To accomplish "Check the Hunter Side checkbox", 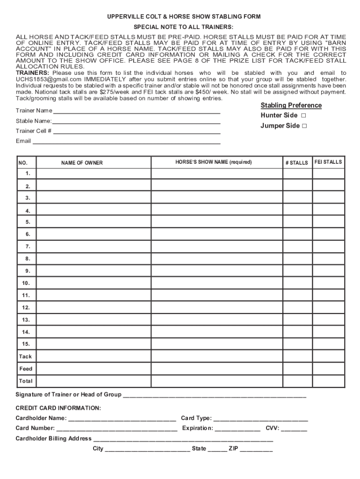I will pyautogui.click(x=303, y=116).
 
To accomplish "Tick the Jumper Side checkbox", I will pyautogui.click(x=304, y=126).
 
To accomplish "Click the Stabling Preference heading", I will pyautogui.click(x=291, y=105).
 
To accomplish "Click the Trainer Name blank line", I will pyautogui.click(x=136, y=112).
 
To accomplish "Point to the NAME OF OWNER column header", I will pyautogui.click(x=82, y=163).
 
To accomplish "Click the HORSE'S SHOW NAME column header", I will pyautogui.click(x=213, y=162).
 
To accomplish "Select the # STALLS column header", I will pyautogui.click(x=297, y=163).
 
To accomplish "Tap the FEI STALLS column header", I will pyautogui.click(x=328, y=162).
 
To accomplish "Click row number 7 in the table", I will pyautogui.click(x=28, y=247).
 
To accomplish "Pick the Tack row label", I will pyautogui.click(x=26, y=356).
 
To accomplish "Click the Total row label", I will pyautogui.click(x=26, y=381).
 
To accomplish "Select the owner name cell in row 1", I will pyautogui.click(x=94, y=174).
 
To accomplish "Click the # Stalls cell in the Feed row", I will pyautogui.click(x=297, y=369).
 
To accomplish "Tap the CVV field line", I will pyautogui.click(x=294, y=428).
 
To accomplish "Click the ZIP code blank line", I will pyautogui.click(x=256, y=449).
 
